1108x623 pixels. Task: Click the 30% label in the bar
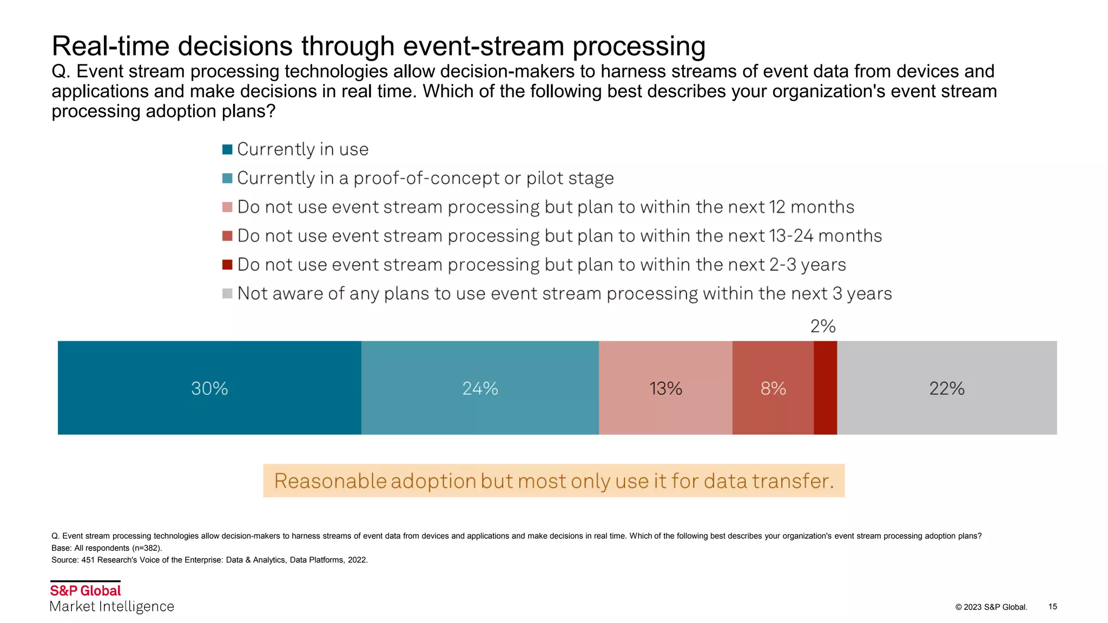(209, 388)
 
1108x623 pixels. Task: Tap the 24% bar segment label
(480, 388)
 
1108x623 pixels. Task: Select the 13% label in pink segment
(665, 388)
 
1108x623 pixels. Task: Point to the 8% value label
(773, 388)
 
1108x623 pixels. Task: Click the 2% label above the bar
(823, 326)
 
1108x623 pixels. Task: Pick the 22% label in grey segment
(947, 388)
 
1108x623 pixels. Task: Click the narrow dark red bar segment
(825, 387)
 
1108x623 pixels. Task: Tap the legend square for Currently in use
(227, 149)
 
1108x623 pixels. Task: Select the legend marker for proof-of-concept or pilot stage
(227, 178)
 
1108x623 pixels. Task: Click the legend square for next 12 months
(227, 207)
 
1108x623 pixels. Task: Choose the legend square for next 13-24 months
(227, 236)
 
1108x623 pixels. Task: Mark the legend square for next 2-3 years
(227, 264)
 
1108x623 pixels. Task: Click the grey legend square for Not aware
(227, 293)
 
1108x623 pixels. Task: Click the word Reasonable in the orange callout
(330, 481)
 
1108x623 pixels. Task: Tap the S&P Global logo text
(85, 591)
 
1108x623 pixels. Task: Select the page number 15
(1052, 606)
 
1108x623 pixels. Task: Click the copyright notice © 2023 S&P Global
(991, 607)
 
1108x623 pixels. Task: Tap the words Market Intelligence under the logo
(112, 606)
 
